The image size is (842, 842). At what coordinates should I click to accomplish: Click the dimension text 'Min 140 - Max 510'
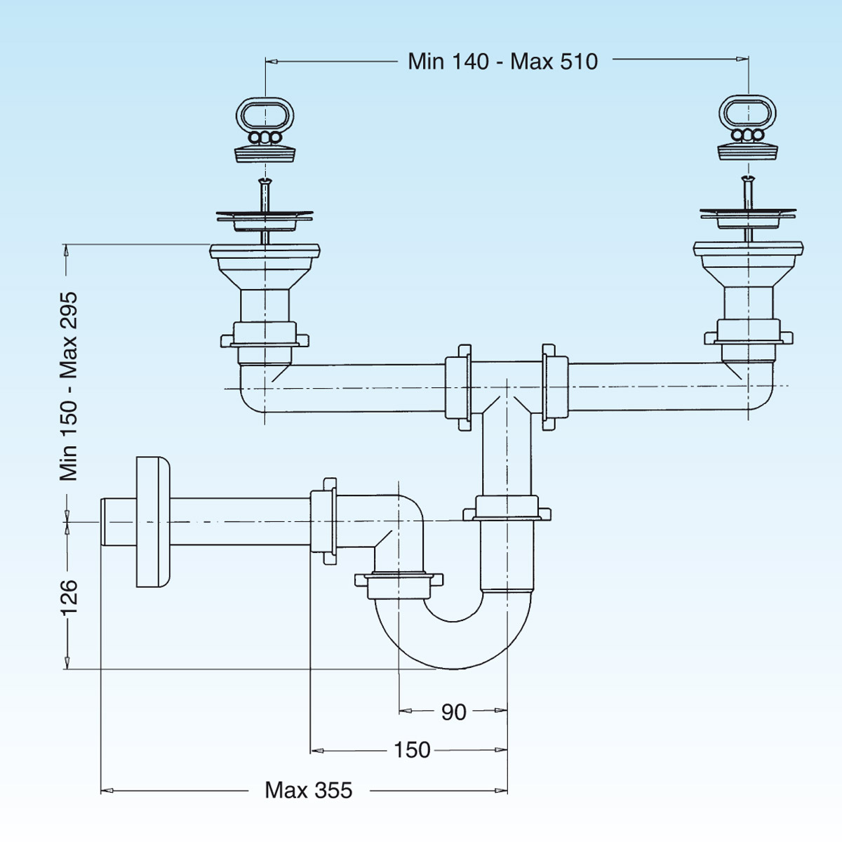coord(502,62)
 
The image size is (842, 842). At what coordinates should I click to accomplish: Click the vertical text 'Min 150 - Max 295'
coord(69,387)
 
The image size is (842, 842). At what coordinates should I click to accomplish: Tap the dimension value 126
coord(69,597)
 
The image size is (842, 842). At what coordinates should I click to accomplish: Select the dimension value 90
coord(453,712)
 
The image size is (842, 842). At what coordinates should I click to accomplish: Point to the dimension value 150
coord(412,750)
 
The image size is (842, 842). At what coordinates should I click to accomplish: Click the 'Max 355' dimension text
coord(309,791)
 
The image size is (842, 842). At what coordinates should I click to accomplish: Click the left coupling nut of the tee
coord(457,387)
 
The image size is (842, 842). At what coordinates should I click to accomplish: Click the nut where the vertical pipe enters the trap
coord(507,508)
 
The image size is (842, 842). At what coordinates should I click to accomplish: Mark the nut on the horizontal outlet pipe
coord(323,522)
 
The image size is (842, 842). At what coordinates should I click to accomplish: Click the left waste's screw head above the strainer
coord(265,183)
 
